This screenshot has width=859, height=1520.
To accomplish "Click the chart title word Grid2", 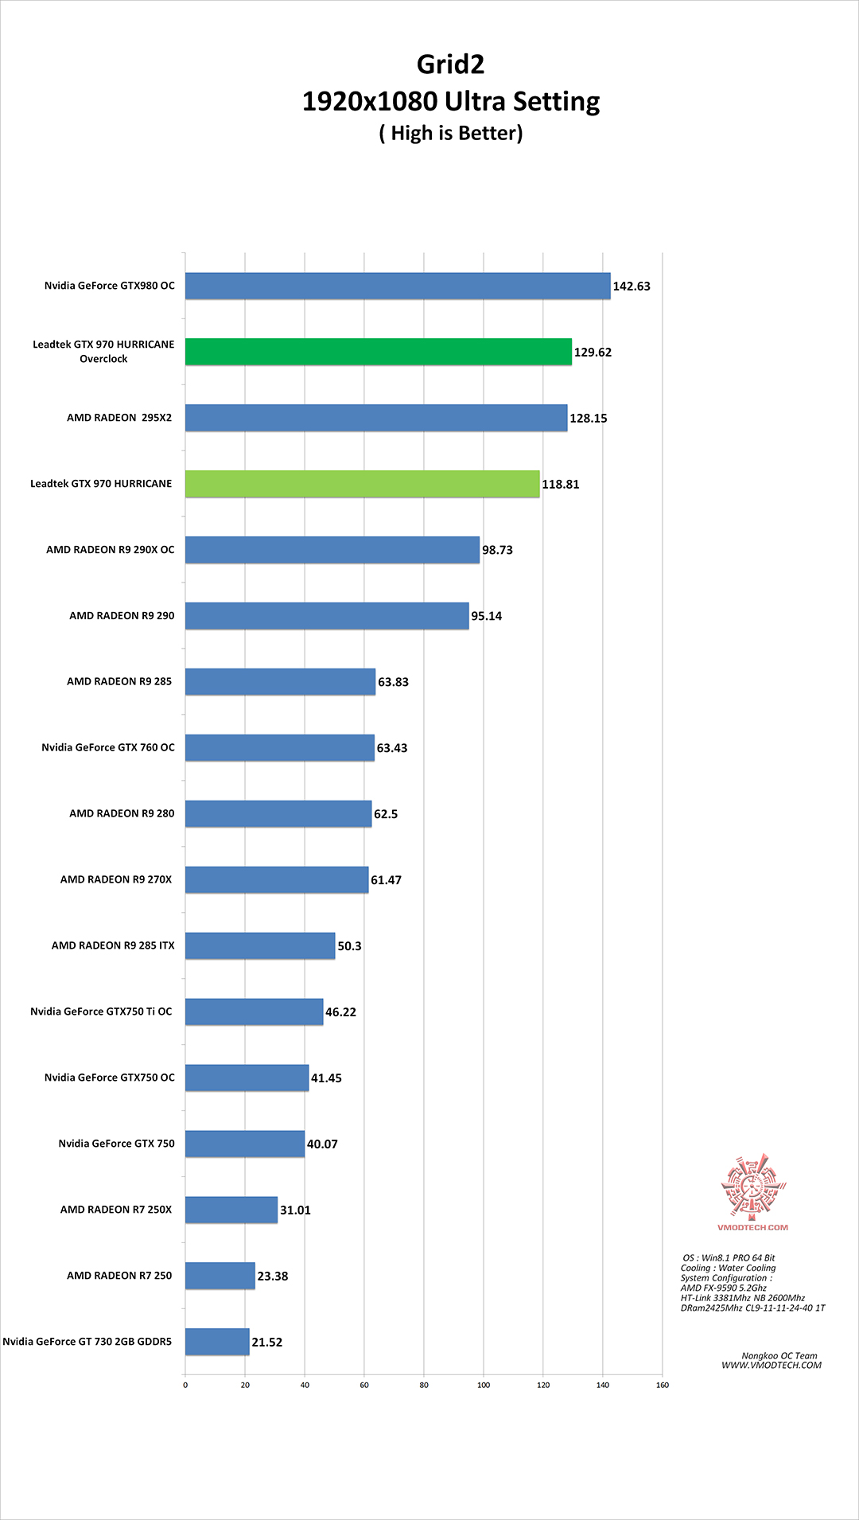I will point(450,64).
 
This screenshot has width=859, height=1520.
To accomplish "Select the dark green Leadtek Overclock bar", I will point(379,352).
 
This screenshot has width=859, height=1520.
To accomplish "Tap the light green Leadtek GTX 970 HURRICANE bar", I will point(362,484).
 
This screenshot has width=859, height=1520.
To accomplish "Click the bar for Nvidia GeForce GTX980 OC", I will point(398,286).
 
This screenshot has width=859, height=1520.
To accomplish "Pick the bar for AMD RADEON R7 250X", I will point(231,1210).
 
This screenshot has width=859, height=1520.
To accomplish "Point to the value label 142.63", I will point(632,286).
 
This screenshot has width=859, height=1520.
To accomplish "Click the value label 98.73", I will point(497,550).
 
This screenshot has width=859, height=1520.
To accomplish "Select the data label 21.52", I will point(267,1342).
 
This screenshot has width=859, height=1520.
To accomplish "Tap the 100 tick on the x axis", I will point(484,1385).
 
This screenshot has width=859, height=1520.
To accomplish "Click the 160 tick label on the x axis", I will point(663,1385).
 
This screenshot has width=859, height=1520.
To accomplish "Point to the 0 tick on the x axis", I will point(185,1385).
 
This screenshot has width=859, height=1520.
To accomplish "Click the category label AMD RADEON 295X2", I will point(119,418).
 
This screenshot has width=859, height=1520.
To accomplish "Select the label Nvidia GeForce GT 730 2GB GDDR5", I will point(87,1342).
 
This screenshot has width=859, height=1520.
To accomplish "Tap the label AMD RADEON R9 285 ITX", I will point(113,945).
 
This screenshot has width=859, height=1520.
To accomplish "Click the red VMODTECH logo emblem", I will point(752,1186).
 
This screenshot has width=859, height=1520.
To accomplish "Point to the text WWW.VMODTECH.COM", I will point(772,1366).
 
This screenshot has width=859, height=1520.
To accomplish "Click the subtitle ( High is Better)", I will point(451,133).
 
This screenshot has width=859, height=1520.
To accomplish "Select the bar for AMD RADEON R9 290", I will point(327,616).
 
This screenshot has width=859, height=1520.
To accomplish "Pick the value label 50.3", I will point(349,946).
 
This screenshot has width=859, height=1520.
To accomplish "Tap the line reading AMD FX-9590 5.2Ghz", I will point(724,1288).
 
